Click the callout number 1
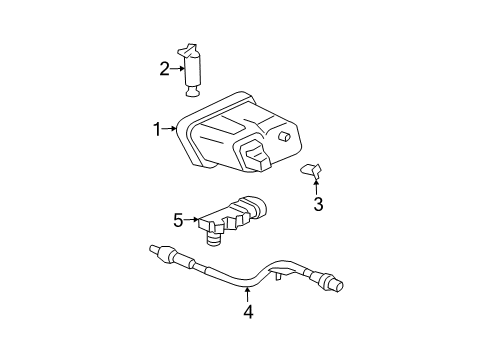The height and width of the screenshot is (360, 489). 157,128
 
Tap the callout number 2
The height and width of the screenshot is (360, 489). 164,68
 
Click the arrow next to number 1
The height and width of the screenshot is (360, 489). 170,128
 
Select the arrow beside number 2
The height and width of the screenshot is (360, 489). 177,68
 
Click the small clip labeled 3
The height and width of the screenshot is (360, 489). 313,171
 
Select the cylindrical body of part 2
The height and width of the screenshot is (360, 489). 195,71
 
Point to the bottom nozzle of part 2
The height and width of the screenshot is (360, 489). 194,92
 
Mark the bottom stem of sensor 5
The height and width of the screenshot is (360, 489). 213,264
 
